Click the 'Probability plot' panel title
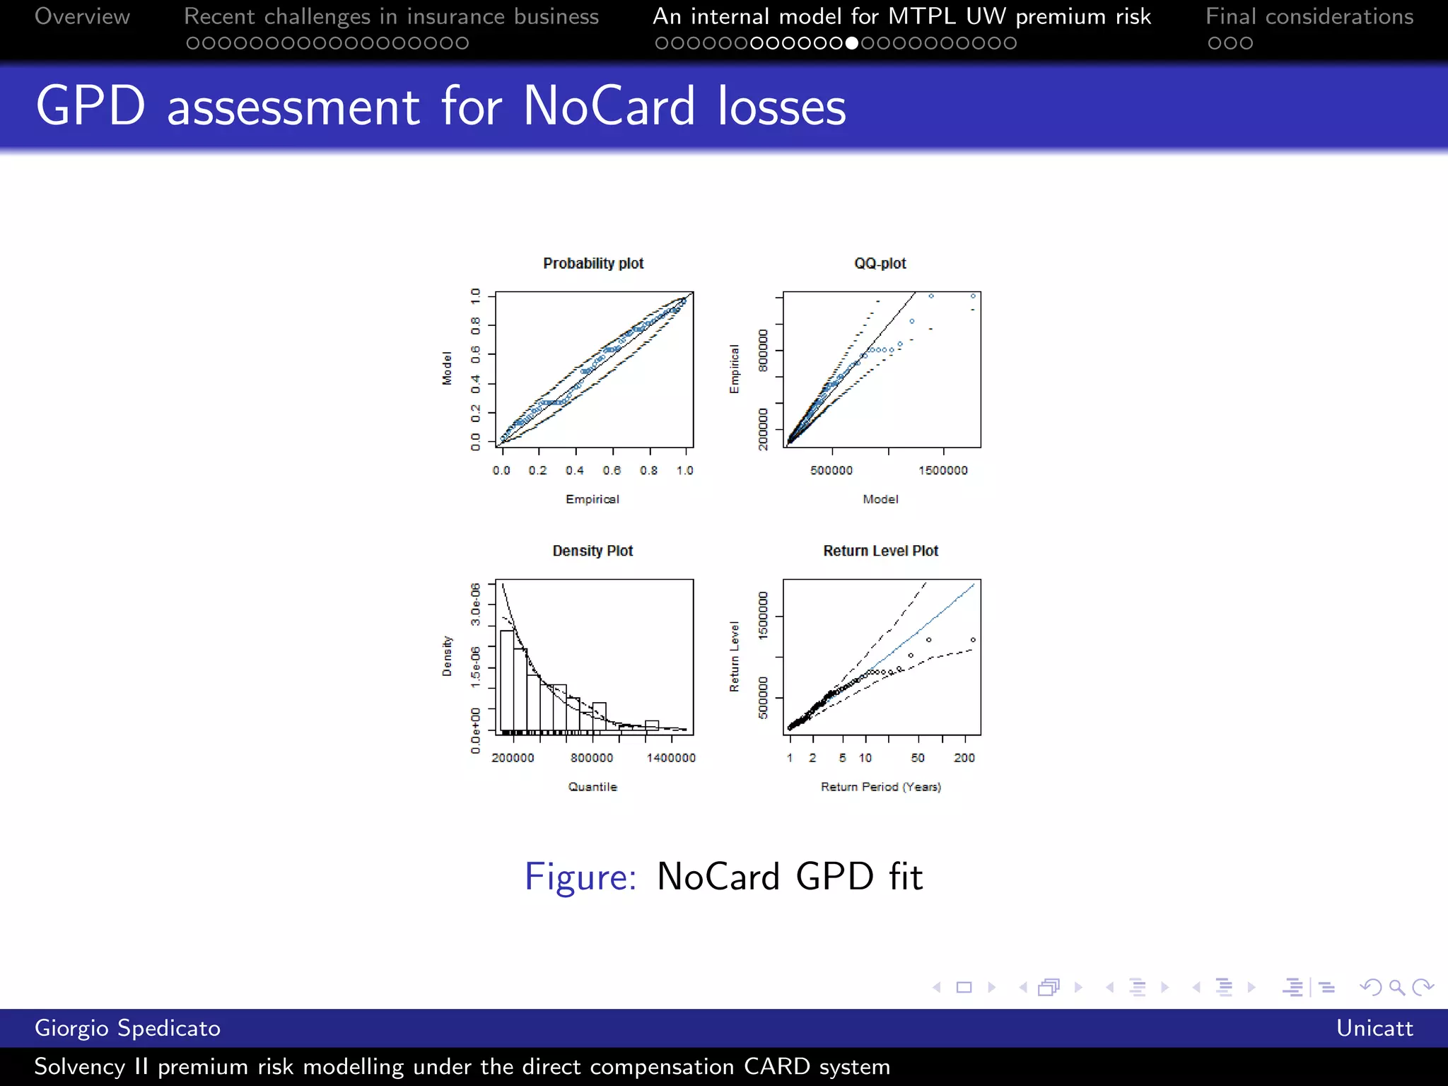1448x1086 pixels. (593, 264)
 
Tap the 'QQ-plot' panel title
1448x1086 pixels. (880, 264)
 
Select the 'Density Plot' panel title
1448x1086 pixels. (592, 551)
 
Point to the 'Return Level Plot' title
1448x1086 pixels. (880, 551)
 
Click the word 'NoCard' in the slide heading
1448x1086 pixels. (609, 106)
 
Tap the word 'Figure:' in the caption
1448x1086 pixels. (580, 877)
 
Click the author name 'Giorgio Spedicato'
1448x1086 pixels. (127, 1028)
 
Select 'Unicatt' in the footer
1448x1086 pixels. (1374, 1028)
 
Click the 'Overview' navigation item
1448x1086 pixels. (82, 16)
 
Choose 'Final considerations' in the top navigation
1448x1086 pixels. (1309, 16)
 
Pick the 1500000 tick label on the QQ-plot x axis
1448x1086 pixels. (943, 471)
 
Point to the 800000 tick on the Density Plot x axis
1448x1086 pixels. (592, 758)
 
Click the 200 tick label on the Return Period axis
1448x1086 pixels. (964, 758)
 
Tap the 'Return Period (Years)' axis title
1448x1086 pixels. (880, 787)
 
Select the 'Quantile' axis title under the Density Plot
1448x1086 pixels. (592, 787)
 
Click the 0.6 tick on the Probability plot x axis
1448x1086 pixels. (612, 471)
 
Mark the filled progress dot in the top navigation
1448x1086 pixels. (852, 43)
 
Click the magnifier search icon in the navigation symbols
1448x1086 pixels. (1396, 987)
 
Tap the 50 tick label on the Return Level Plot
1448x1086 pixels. (918, 758)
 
